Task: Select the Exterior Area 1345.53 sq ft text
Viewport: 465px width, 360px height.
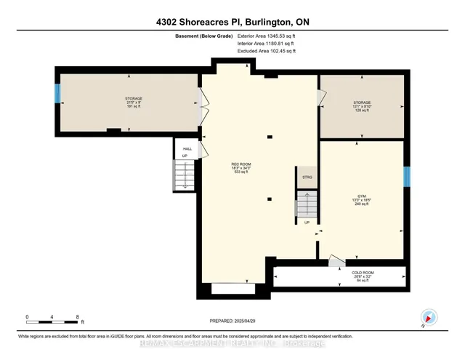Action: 267,35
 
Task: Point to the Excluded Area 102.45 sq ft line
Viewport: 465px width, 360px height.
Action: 267,51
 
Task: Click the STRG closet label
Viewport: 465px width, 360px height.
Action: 305,177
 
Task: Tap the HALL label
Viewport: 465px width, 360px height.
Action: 187,148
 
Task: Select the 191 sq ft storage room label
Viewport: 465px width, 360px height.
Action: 133,102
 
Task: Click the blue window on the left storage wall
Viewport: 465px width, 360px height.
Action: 57,94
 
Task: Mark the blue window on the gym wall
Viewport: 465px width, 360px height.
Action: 407,177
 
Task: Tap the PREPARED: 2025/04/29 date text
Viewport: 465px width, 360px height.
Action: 232,321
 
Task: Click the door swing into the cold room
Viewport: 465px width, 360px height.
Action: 336,260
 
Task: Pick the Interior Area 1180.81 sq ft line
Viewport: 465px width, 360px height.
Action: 266,43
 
